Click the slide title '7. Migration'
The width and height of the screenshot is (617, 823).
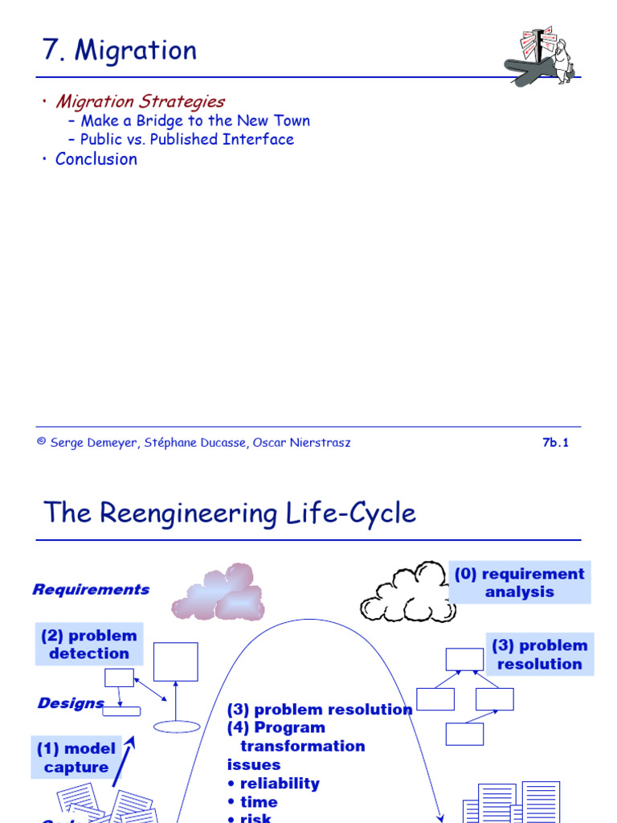pos(120,51)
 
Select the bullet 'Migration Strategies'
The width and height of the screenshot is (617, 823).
pos(140,101)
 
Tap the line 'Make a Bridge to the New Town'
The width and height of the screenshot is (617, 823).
pos(195,121)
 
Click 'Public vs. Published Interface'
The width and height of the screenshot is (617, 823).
pos(187,139)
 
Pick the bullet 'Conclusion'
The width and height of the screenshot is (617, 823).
pos(96,159)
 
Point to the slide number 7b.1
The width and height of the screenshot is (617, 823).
pos(555,443)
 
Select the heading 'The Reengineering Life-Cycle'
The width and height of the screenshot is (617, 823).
pos(230,513)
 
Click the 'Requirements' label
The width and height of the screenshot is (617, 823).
pos(91,589)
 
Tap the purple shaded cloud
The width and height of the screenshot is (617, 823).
pos(218,592)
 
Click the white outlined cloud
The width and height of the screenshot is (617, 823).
pos(406,593)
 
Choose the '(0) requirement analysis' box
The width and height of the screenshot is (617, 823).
pos(520,583)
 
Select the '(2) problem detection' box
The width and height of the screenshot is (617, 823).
pos(89,645)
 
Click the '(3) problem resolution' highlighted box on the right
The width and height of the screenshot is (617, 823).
pos(540,654)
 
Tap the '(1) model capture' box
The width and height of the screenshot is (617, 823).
pos(76,758)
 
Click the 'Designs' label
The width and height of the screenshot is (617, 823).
pos(71,703)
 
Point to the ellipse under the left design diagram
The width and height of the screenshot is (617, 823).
pos(176,727)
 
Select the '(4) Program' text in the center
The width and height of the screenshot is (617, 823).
pos(276,727)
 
